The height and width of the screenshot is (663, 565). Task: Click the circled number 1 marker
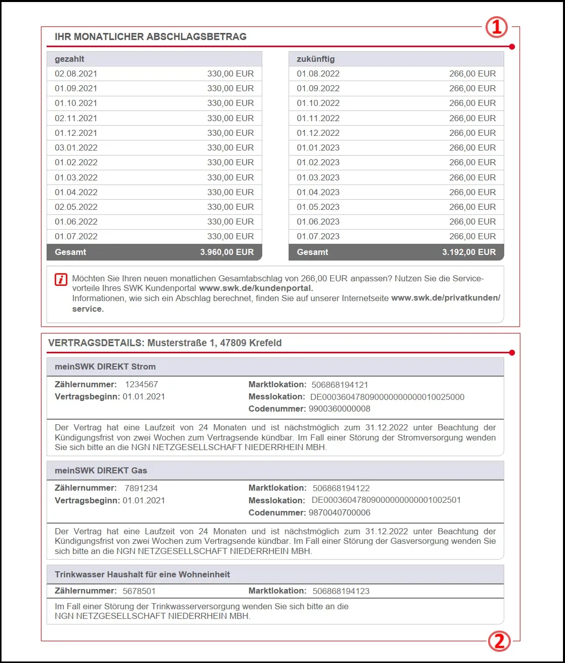point(497,28)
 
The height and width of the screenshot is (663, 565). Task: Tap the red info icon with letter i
point(61,279)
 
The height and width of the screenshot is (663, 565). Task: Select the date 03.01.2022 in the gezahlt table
point(76,148)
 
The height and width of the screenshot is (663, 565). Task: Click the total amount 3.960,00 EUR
point(227,252)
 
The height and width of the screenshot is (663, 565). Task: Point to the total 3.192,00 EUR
point(469,252)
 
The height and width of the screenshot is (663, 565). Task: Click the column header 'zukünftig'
point(315,59)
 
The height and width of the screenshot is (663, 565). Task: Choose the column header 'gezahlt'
point(69,59)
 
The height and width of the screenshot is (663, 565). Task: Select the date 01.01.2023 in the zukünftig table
point(318,148)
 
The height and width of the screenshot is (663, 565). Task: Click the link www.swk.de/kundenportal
point(256,288)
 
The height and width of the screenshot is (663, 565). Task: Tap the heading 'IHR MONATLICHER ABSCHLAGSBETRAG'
point(150,36)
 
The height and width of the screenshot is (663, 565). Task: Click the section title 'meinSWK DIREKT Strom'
point(105,366)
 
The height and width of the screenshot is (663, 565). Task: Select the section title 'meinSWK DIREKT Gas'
point(101,470)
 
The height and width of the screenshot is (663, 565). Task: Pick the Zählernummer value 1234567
point(141,385)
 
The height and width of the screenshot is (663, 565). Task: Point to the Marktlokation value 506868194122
point(341,488)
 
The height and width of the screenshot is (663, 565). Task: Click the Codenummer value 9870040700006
point(339,512)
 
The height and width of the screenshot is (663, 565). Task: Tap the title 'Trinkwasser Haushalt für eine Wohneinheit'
point(142,574)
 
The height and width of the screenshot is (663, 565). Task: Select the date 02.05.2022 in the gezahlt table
point(76,207)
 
